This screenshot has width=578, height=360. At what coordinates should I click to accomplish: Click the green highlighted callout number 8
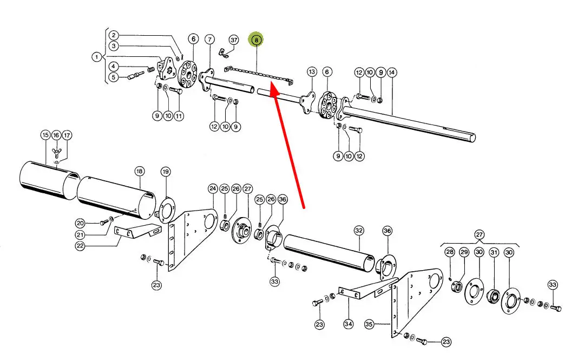tap(256, 40)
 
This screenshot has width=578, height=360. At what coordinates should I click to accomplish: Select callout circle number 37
tap(233, 40)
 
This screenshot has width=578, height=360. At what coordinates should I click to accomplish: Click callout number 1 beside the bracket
tap(96, 56)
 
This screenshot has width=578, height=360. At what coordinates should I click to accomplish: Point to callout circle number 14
tap(392, 72)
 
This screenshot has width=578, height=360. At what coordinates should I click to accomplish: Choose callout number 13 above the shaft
tap(311, 71)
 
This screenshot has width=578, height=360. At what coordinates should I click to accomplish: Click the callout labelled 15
tap(45, 135)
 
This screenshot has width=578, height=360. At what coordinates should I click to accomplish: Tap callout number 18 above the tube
tap(140, 171)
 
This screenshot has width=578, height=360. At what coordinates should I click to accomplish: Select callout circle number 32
tap(359, 230)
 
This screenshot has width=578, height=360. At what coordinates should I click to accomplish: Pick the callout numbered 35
tap(369, 324)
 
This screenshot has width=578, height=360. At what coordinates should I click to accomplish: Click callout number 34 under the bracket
tap(348, 324)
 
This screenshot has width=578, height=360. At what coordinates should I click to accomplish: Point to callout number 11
tap(178, 115)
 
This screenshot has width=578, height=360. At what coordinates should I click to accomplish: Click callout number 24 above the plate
tap(213, 188)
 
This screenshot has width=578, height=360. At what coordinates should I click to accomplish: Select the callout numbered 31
tap(494, 252)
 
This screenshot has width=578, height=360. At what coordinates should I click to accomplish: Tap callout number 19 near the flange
tap(166, 172)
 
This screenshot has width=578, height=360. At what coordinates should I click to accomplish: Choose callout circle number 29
tap(464, 252)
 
